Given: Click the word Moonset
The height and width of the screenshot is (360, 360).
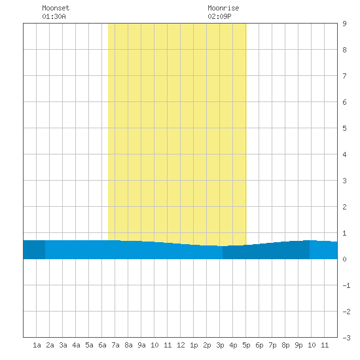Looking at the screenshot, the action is point(56,8).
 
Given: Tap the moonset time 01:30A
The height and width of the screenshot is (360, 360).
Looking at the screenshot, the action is point(54,16).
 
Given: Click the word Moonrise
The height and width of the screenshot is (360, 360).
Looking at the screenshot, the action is point(223,8).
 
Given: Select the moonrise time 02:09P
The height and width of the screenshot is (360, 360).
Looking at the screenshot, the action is point(219,16).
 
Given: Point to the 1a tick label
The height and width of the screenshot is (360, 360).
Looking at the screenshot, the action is point(37,345).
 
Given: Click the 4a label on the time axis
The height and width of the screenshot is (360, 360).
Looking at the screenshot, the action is point(76,345).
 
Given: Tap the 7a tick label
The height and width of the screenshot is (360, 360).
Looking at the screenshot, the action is point(115,345).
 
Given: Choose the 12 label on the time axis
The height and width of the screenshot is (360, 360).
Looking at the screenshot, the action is point(181,345).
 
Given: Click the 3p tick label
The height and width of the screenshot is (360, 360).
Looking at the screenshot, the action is point(220,345).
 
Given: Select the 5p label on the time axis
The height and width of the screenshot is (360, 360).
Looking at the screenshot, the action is point(246,345).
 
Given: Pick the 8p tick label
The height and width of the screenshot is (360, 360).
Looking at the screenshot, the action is point(285,345).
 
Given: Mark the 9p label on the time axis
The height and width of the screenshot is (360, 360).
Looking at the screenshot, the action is point(298,345).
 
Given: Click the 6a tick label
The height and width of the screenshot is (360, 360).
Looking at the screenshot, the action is point(102,345).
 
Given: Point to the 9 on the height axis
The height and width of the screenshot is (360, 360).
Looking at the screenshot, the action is point(344,24).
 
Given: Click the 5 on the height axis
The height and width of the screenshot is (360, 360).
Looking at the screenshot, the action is point(344,128).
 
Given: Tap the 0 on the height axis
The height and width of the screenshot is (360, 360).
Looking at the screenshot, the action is point(344,259).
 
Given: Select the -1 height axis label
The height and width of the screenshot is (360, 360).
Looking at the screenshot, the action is point(346,285).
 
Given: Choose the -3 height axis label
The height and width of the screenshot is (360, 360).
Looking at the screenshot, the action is point(346,338).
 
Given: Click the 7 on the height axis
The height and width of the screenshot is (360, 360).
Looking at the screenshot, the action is point(344,76).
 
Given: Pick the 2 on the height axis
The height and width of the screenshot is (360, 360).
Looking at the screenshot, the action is point(344,207).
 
